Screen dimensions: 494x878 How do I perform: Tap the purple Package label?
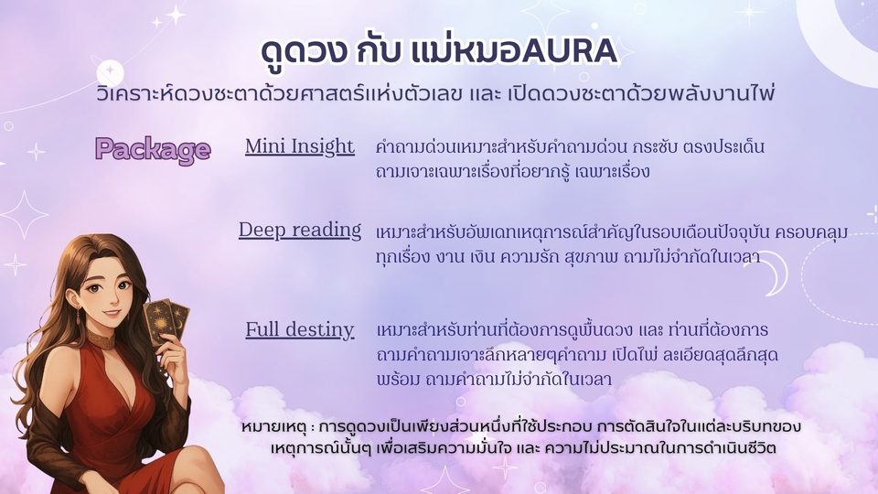[x=153, y=149]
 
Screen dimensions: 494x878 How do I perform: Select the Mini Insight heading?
[x=300, y=146]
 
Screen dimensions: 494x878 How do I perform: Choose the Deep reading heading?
[x=300, y=230]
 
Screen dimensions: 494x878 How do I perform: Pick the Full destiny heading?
[x=300, y=329]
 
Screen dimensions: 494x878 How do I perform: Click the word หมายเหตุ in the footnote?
[x=272, y=428]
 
